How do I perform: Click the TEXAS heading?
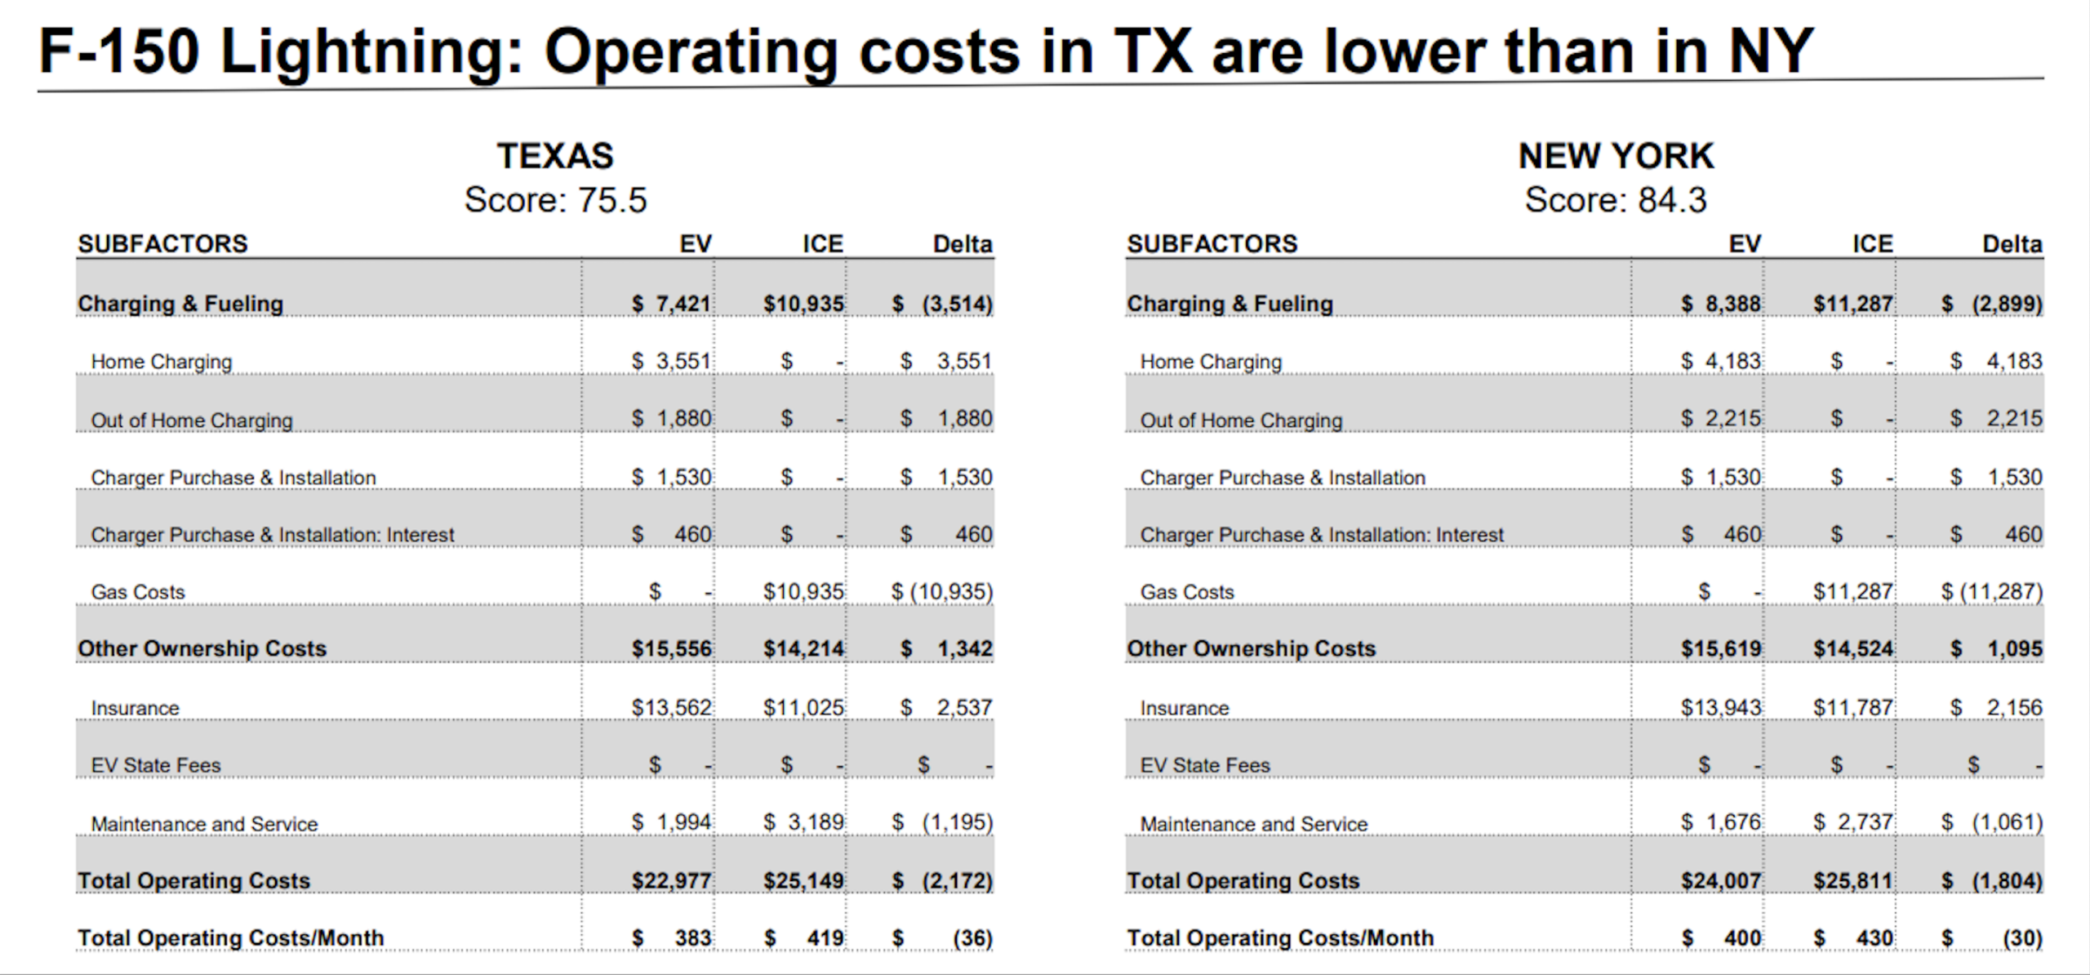(x=555, y=155)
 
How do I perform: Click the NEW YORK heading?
(x=1616, y=155)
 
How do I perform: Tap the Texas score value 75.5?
(x=612, y=200)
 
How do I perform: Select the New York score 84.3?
(x=1672, y=200)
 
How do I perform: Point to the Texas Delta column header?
(x=963, y=244)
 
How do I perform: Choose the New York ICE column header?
(x=1872, y=244)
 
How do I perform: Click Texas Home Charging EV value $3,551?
(x=671, y=361)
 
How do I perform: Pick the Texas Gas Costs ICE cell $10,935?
(x=803, y=591)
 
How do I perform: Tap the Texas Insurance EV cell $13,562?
(x=671, y=707)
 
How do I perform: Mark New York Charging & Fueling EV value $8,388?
(x=1721, y=304)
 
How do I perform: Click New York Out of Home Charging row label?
(x=1241, y=421)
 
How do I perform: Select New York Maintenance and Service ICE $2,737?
(x=1852, y=822)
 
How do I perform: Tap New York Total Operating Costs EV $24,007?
(x=1721, y=880)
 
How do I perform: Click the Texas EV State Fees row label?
(x=156, y=765)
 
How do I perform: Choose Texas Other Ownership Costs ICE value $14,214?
(x=803, y=648)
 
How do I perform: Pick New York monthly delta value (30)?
(x=2022, y=938)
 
